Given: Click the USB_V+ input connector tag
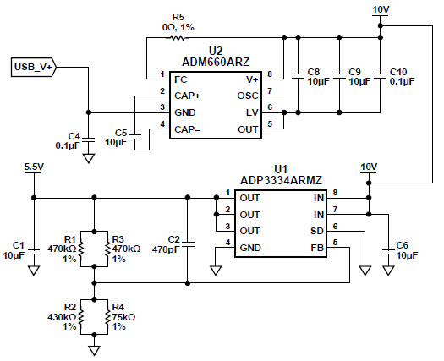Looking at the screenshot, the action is tap(34, 68).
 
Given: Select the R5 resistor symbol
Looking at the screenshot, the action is tap(177, 37).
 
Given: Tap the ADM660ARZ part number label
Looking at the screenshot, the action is tap(216, 62).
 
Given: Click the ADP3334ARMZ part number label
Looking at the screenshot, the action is tap(281, 180).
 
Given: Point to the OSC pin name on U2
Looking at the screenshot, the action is tap(248, 96).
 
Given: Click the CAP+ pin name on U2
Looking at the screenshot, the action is tap(188, 96).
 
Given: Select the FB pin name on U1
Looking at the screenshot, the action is tap(317, 248).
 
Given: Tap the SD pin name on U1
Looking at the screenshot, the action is tap(317, 231).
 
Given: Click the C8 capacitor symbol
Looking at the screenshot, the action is tap(298, 76).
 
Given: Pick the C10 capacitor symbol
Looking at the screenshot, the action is tap(381, 76).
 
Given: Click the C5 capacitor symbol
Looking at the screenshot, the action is tap(134, 137).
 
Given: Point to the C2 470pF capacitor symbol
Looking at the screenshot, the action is tap(188, 244).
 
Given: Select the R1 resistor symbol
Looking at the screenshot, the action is tap(81, 249).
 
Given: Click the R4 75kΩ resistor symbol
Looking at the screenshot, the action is tap(108, 317).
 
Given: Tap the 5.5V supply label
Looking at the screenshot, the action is tap(34, 167).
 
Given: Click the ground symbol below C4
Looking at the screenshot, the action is tap(89, 158).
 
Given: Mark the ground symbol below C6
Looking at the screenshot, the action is tap(388, 271).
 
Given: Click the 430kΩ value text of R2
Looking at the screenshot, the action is tap(62, 317).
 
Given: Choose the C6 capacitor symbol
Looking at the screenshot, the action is tap(388, 252).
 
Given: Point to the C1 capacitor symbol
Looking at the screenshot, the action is tap(34, 252).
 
